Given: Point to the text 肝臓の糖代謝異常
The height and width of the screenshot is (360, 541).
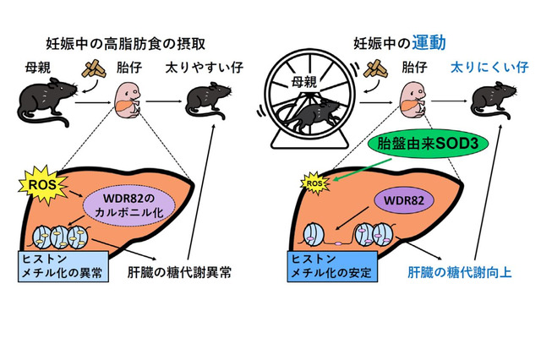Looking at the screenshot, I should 194,272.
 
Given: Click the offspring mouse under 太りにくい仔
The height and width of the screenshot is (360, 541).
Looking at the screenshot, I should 482,104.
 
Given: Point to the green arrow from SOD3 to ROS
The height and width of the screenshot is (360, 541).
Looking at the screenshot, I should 355,170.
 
